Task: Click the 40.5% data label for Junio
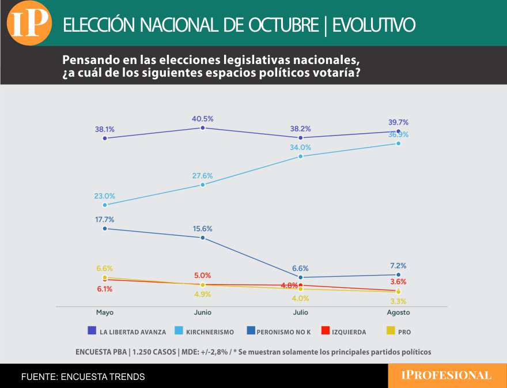click(202, 119)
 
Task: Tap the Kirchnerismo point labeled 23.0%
click(104, 205)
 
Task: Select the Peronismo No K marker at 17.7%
click(104, 228)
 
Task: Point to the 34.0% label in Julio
click(300, 147)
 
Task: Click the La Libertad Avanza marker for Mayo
click(104, 138)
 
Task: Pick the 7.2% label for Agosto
click(398, 266)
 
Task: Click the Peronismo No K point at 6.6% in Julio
click(300, 277)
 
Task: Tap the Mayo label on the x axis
click(104, 312)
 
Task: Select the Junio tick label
click(202, 312)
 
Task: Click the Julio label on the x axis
click(300, 312)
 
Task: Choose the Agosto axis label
click(398, 312)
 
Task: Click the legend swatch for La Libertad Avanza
click(92, 331)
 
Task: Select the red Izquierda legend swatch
click(325, 331)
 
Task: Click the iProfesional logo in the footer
click(446, 376)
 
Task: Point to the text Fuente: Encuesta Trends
click(83, 376)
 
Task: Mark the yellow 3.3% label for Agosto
click(398, 301)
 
